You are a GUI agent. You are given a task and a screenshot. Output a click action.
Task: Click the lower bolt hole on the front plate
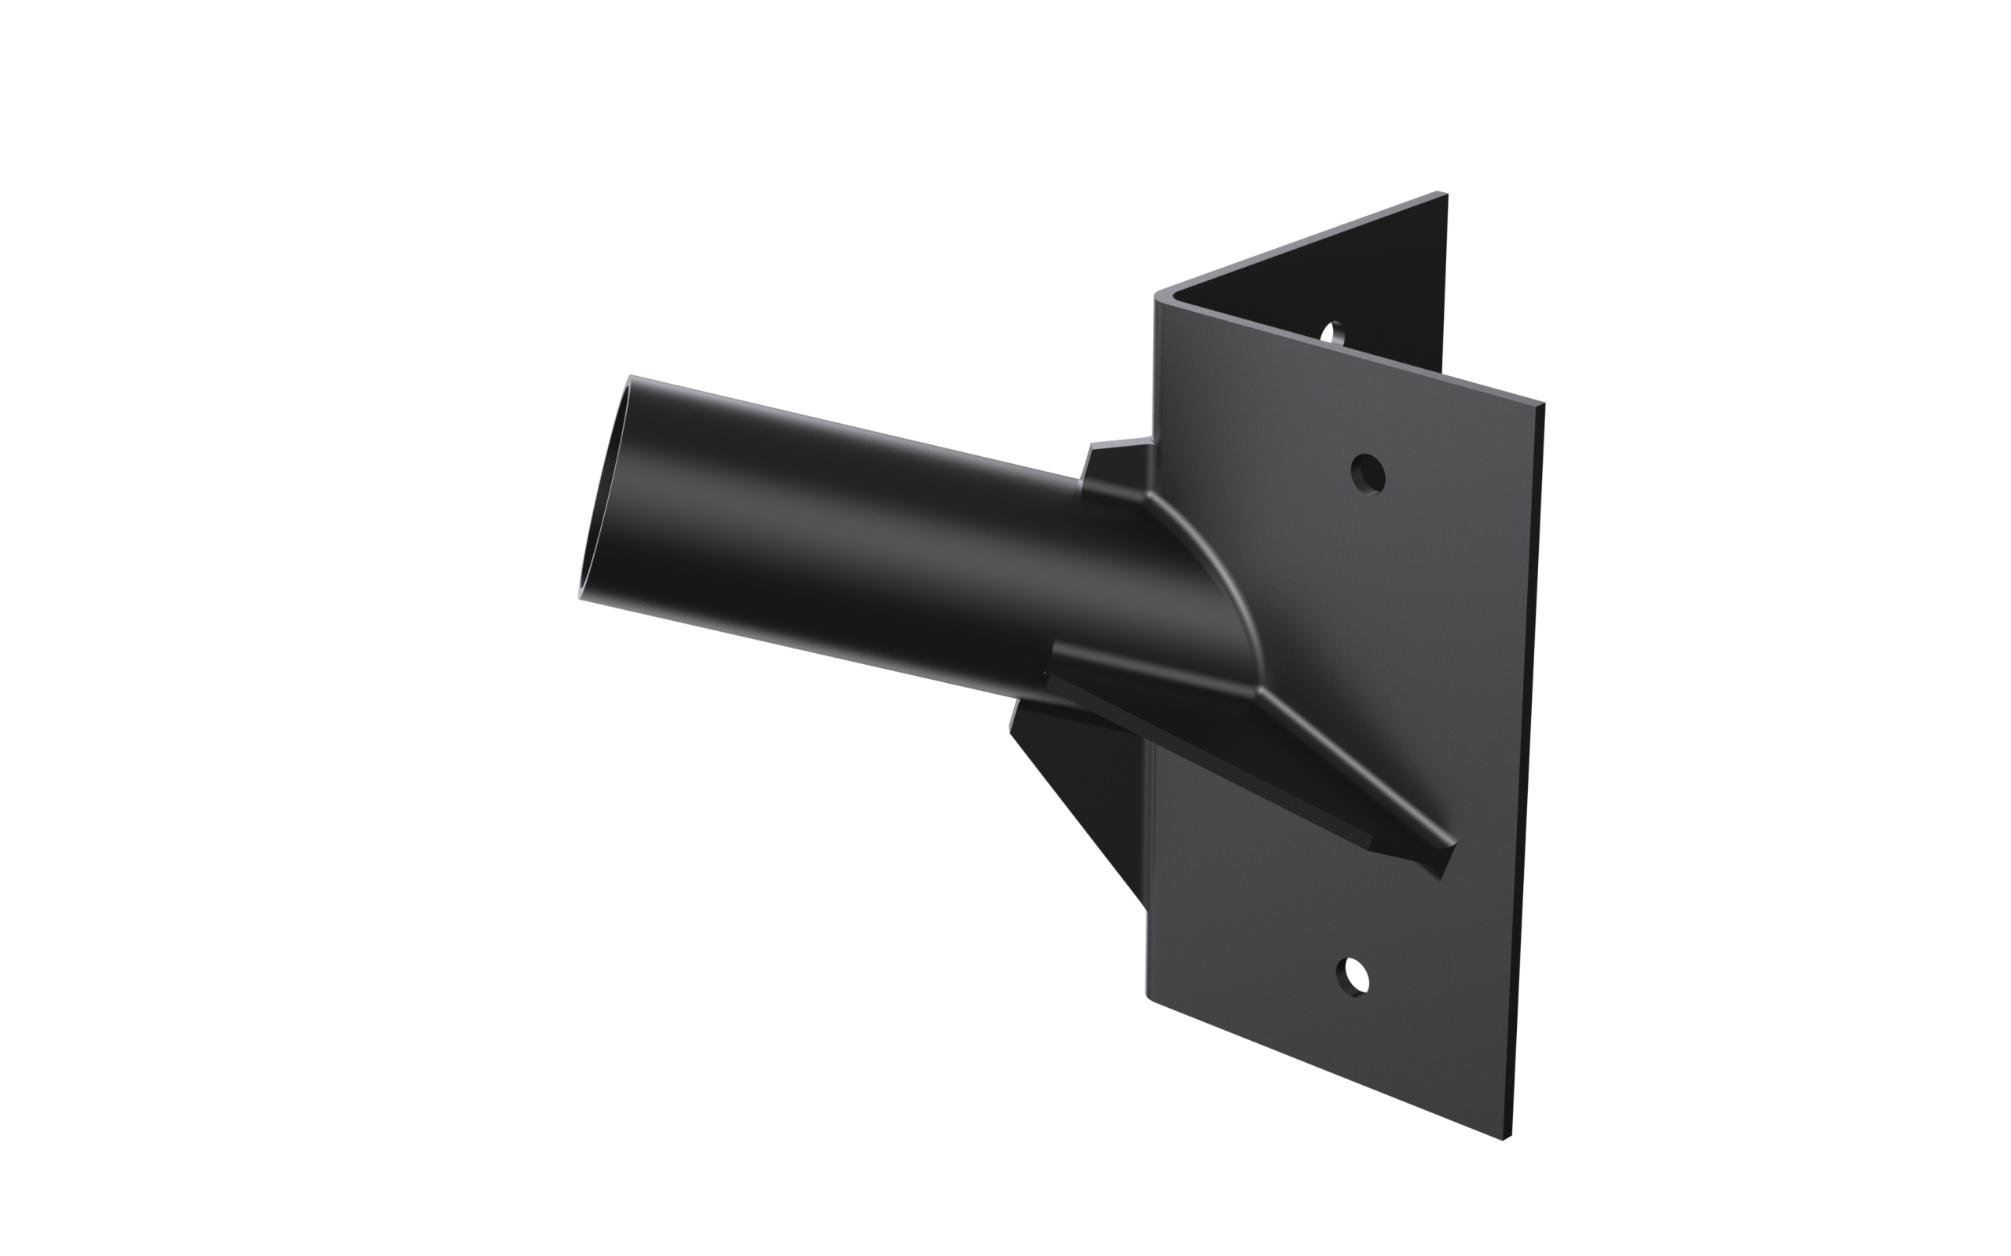(1353, 976)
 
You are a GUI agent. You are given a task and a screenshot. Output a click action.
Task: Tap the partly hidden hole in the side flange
(1335, 334)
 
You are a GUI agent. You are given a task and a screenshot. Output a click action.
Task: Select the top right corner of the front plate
(1541, 406)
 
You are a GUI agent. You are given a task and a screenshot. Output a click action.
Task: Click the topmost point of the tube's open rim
(630, 377)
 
